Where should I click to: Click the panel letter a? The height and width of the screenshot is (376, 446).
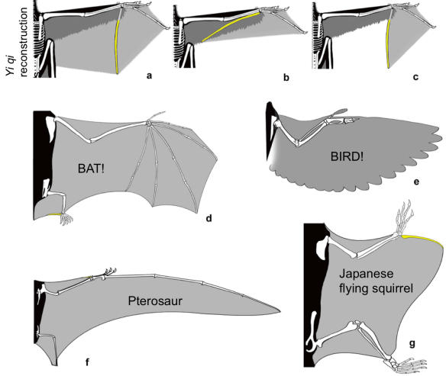[x=149, y=76]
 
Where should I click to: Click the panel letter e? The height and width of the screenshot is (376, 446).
[x=415, y=182]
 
